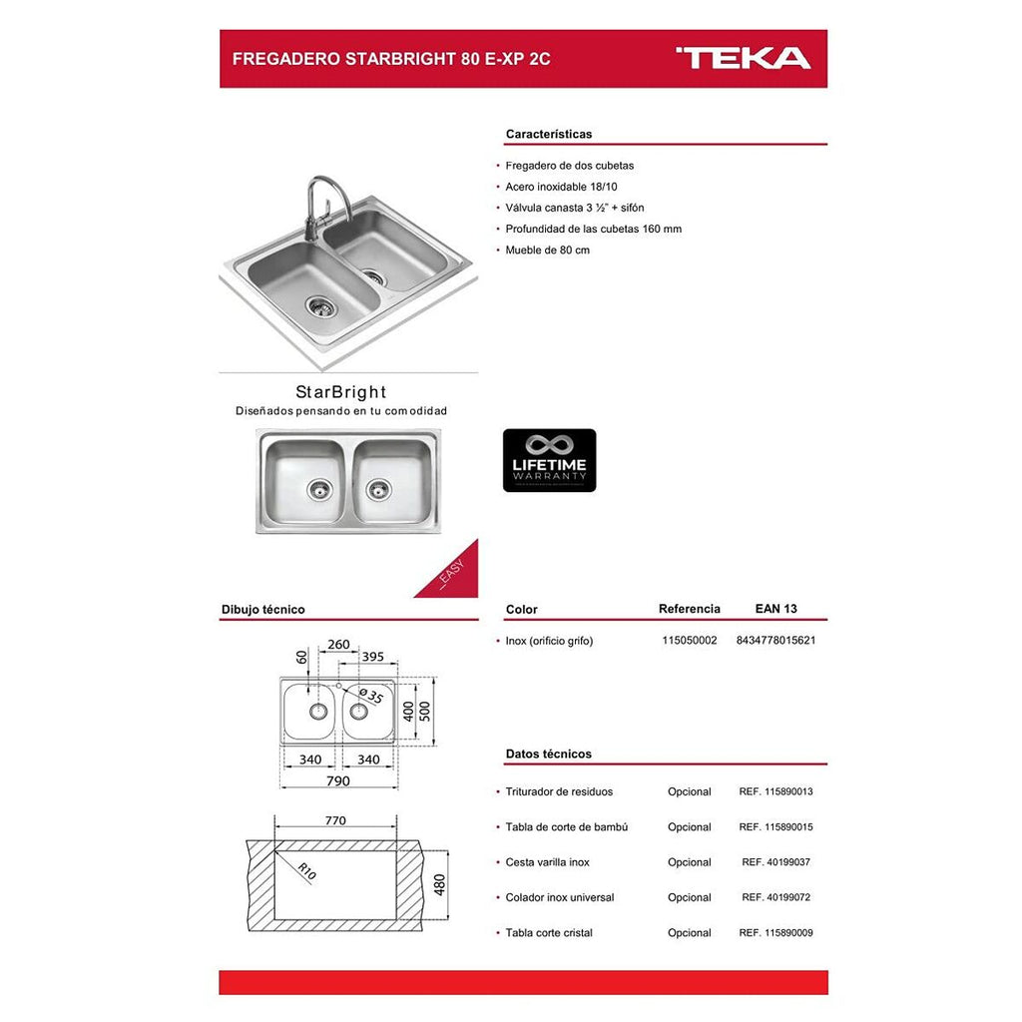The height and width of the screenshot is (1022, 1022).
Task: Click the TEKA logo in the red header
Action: (x=744, y=58)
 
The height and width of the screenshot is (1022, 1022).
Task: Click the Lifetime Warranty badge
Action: (x=549, y=460)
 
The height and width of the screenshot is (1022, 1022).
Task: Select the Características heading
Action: (x=549, y=134)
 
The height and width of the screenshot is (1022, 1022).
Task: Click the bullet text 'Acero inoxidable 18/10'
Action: (x=562, y=187)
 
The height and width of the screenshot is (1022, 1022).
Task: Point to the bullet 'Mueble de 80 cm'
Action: (x=548, y=250)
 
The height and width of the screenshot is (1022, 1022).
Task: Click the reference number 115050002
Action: (x=690, y=641)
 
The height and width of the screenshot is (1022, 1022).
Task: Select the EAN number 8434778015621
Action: (x=775, y=641)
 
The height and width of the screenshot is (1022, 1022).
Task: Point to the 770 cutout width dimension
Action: (x=335, y=820)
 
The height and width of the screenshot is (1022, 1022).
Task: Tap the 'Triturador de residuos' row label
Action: (x=559, y=791)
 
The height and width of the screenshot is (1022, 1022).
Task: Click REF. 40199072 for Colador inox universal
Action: (x=775, y=897)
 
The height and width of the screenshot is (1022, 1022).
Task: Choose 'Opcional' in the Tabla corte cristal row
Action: (x=690, y=933)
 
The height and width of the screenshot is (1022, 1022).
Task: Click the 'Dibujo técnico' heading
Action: (x=262, y=609)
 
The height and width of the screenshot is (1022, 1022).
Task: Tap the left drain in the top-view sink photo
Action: (x=318, y=489)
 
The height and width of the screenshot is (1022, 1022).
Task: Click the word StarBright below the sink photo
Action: (x=340, y=392)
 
